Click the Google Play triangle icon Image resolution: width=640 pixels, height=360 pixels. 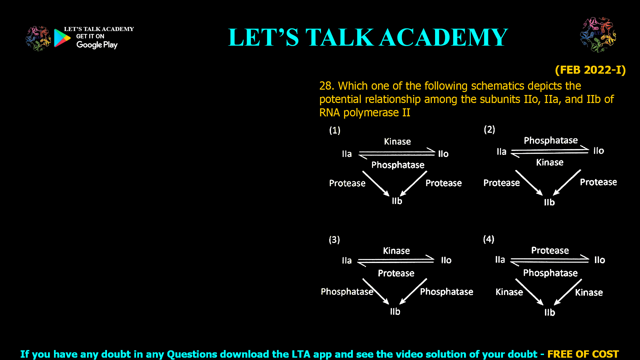(x=62, y=38)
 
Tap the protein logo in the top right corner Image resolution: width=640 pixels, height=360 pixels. (x=598, y=35)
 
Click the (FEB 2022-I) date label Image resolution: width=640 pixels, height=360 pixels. (x=590, y=70)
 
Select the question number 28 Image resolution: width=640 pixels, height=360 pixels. (x=326, y=86)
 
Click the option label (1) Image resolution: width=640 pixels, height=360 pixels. (x=335, y=130)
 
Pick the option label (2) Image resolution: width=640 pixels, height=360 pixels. (x=489, y=129)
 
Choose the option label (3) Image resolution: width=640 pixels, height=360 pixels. (x=334, y=240)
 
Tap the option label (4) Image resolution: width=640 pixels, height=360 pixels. (x=489, y=239)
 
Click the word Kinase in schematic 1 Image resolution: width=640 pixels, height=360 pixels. (x=397, y=142)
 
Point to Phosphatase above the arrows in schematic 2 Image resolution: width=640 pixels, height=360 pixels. (x=551, y=140)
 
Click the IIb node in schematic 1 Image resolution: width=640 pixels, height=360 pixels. (x=397, y=201)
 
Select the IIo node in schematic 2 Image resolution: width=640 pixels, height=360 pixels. (x=599, y=151)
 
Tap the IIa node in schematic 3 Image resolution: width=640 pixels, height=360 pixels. (x=347, y=260)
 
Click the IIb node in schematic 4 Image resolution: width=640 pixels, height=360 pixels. (x=550, y=312)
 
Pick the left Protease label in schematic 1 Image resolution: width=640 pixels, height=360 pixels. (x=347, y=183)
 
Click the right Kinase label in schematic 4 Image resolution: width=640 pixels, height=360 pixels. (x=589, y=293)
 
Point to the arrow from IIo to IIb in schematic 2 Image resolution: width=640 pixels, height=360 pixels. (x=567, y=183)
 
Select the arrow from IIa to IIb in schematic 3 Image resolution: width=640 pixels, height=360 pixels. (x=376, y=291)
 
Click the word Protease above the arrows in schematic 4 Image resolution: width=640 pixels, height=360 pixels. (x=550, y=251)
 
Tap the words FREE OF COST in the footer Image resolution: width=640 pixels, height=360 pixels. (x=583, y=354)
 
